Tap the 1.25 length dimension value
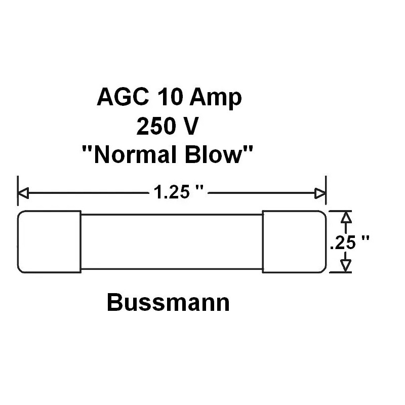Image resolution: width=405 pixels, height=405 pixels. tap(167, 193)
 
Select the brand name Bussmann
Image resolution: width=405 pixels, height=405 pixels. tap(168, 303)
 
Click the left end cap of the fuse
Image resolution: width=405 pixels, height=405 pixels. tap(49, 241)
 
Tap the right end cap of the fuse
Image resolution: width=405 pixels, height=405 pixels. tap(293, 241)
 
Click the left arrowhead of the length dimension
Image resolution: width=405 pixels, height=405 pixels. tap(23, 193)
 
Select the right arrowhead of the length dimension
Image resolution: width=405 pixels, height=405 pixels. tap(320, 193)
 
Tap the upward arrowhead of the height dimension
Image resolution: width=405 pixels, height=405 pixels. tap(345, 217)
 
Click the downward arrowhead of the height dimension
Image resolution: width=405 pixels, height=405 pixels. tap(345, 266)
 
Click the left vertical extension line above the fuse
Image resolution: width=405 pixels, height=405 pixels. tap(18, 192)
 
